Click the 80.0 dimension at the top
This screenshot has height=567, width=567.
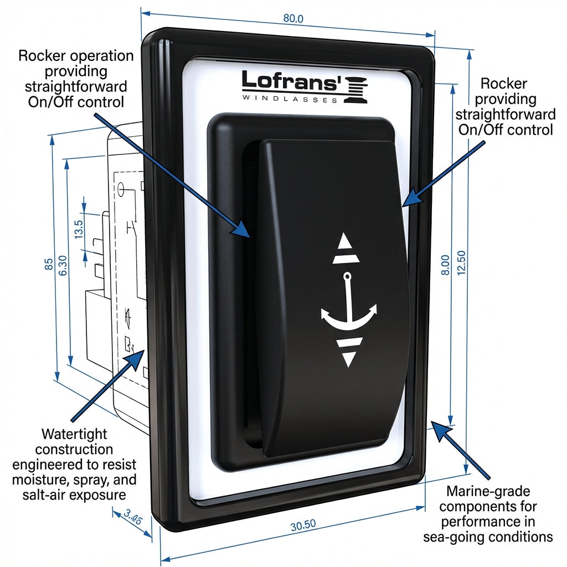(293, 18)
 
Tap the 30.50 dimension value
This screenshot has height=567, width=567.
(303, 525)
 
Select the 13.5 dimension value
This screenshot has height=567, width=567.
(79, 229)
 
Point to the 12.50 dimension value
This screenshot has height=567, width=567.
(461, 263)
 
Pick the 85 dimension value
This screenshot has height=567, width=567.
(49, 264)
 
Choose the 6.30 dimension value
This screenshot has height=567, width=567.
(63, 265)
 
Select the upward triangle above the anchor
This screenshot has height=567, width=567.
(346, 241)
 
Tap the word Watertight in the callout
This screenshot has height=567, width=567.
(74, 434)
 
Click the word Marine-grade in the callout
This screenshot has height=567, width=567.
(488, 491)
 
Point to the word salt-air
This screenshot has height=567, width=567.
(47, 494)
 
